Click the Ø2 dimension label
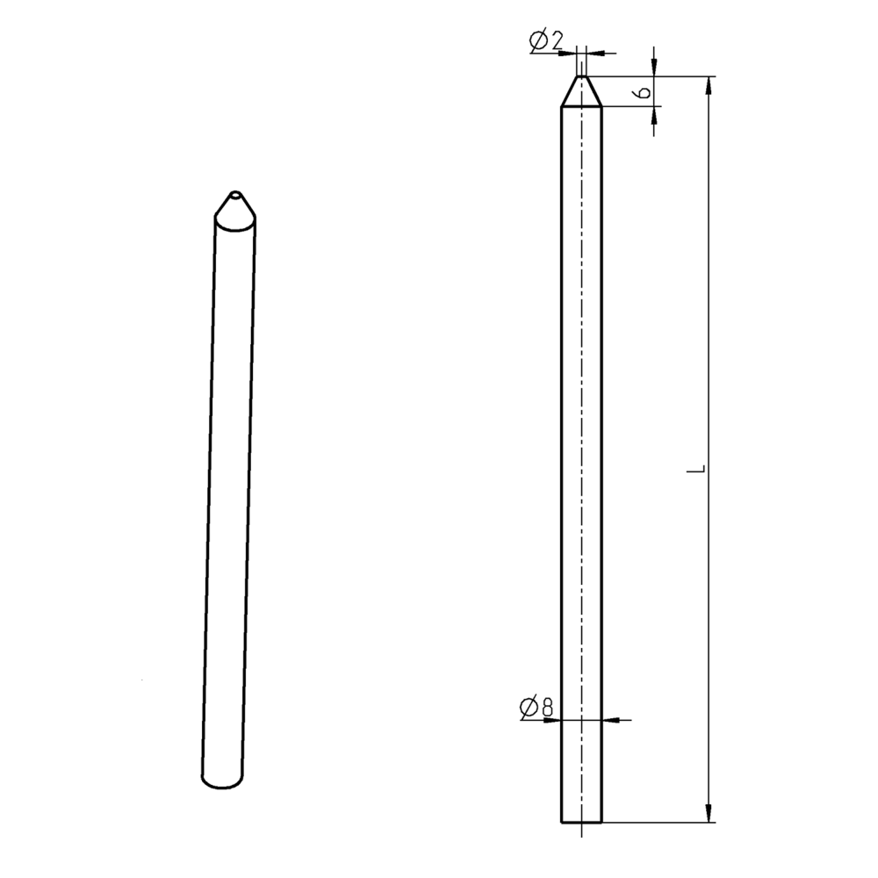(546, 40)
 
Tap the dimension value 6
(644, 91)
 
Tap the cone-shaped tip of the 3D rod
(234, 208)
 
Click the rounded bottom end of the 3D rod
(221, 781)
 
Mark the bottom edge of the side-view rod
(581, 823)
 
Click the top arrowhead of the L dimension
(709, 84)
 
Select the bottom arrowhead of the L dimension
(709, 814)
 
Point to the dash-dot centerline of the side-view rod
(581, 439)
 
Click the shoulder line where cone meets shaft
(581, 107)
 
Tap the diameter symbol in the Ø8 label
(529, 707)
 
